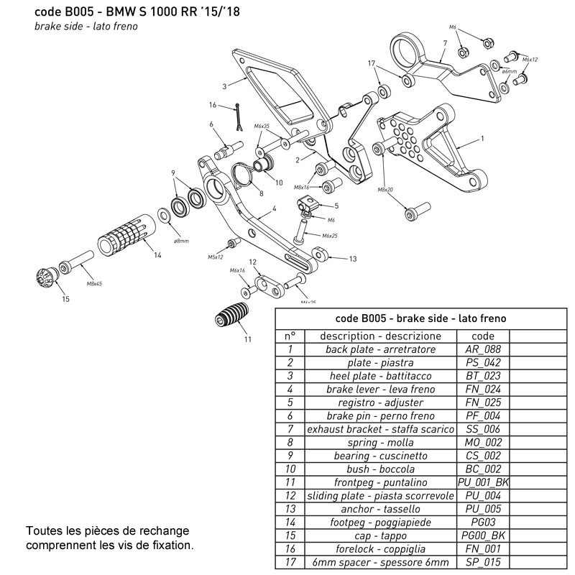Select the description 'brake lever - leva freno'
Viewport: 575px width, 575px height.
[x=380, y=390]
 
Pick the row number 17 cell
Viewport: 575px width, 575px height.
[x=290, y=563]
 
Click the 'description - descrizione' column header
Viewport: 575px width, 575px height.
[x=380, y=336]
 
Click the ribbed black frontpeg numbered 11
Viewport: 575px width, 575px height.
[x=231, y=316]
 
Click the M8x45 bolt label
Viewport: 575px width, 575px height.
[x=94, y=284]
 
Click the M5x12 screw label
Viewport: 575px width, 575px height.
[x=216, y=256]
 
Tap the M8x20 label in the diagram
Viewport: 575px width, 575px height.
[x=385, y=190]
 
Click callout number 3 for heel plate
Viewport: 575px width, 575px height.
[x=224, y=86]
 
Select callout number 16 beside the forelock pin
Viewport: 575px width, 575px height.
[x=213, y=105]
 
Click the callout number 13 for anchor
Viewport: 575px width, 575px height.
[x=352, y=258]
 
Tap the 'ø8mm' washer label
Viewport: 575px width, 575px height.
[x=181, y=241]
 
